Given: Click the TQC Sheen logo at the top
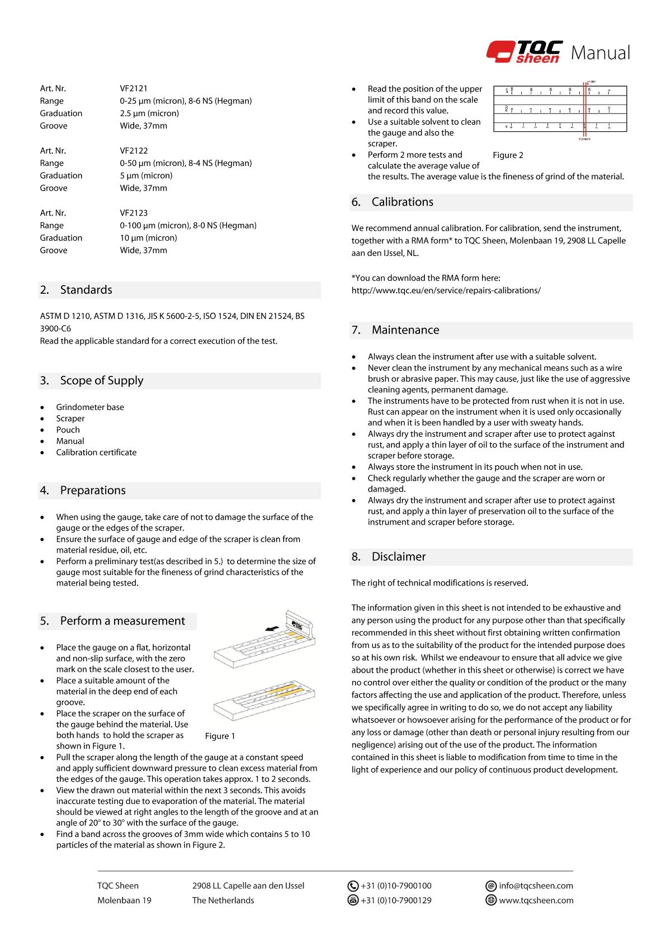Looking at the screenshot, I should pyautogui.click(x=524, y=53).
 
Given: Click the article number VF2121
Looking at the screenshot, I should pyautogui.click(x=134, y=88).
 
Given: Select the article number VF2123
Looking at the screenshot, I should pyautogui.click(x=134, y=213).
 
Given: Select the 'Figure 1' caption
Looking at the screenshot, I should pyautogui.click(x=220, y=736).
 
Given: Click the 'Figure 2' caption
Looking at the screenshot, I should pyautogui.click(x=508, y=155).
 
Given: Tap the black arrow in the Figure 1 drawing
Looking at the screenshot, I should pyautogui.click(x=272, y=628).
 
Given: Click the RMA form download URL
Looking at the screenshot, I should pyautogui.click(x=446, y=290).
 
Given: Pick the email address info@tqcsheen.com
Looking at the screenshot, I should pyautogui.click(x=536, y=885).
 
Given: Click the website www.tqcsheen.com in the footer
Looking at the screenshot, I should pyautogui.click(x=536, y=900).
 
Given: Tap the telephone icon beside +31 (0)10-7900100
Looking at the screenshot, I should pyautogui.click(x=353, y=885).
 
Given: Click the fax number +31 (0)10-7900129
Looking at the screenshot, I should pyautogui.click(x=396, y=900).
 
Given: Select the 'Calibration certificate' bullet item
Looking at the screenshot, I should pyautogui.click(x=96, y=452).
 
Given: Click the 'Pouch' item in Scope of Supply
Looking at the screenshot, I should pyautogui.click(x=68, y=430).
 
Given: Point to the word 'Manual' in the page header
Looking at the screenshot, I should pyautogui.click(x=601, y=53).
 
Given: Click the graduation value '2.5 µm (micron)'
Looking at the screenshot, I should pyautogui.click(x=149, y=113).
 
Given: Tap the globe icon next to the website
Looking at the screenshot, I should pyautogui.click(x=492, y=900).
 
